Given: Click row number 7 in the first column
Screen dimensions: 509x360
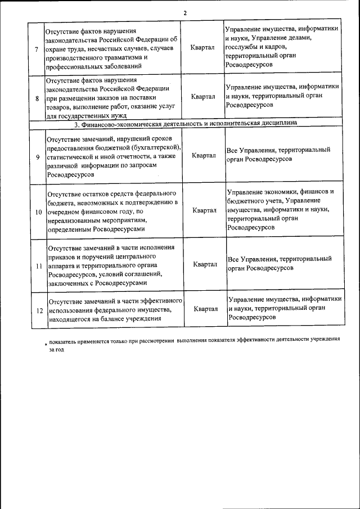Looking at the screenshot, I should pos(36,49).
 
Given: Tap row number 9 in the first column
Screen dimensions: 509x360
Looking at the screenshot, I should pos(37,157).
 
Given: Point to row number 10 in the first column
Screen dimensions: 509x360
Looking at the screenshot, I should pos(38,211).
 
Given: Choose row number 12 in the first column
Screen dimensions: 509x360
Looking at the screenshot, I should pos(39,310).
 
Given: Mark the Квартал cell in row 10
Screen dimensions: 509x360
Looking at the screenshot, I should pos(205,210).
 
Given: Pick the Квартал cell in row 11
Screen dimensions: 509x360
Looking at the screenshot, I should pos(205,264).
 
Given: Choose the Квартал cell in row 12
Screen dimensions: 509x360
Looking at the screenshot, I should pos(206,309).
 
